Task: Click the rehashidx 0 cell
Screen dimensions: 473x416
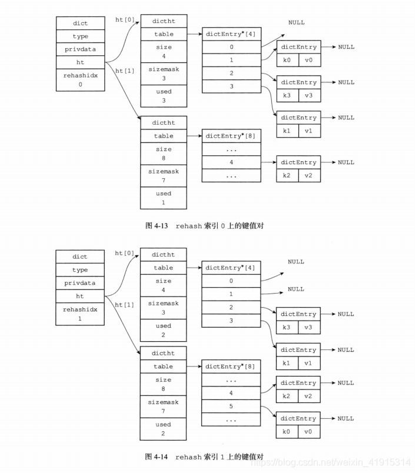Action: tap(81, 79)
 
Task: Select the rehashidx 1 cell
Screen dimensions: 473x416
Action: tap(81, 313)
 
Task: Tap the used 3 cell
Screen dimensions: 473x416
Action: tap(164, 96)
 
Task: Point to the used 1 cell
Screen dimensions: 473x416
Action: tap(164, 198)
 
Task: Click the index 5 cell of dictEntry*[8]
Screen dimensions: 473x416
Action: tap(231, 405)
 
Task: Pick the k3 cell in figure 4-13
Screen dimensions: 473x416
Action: tap(287, 96)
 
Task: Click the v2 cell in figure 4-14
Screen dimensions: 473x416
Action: tap(309, 397)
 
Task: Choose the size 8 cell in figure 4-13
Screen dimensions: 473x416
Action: tap(164, 154)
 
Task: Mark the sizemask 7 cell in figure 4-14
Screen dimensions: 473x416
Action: tap(164, 407)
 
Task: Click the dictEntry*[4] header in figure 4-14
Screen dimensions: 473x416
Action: tap(231, 268)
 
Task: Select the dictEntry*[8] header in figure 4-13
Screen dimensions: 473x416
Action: tap(231, 136)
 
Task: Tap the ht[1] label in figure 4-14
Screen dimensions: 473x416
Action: tap(125, 305)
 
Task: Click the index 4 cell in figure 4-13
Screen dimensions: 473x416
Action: tap(231, 162)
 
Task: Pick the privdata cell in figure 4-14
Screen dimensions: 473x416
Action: tap(81, 283)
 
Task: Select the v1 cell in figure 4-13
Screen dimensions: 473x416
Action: tap(309, 131)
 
